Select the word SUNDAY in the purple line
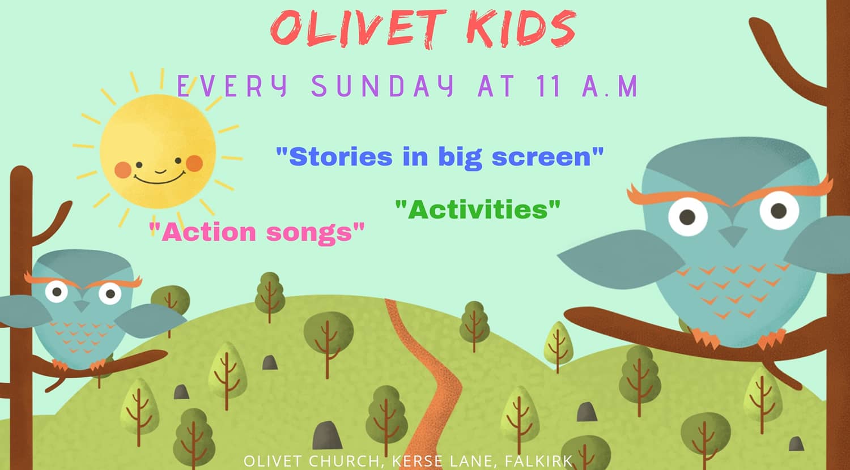click(x=382, y=86)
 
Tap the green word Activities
click(x=478, y=210)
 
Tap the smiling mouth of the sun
click(x=160, y=178)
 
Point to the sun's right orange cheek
click(x=194, y=163)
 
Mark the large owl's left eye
click(x=688, y=217)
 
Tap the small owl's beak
click(x=81, y=306)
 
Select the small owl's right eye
click(x=110, y=293)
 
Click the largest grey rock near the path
click(x=327, y=435)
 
